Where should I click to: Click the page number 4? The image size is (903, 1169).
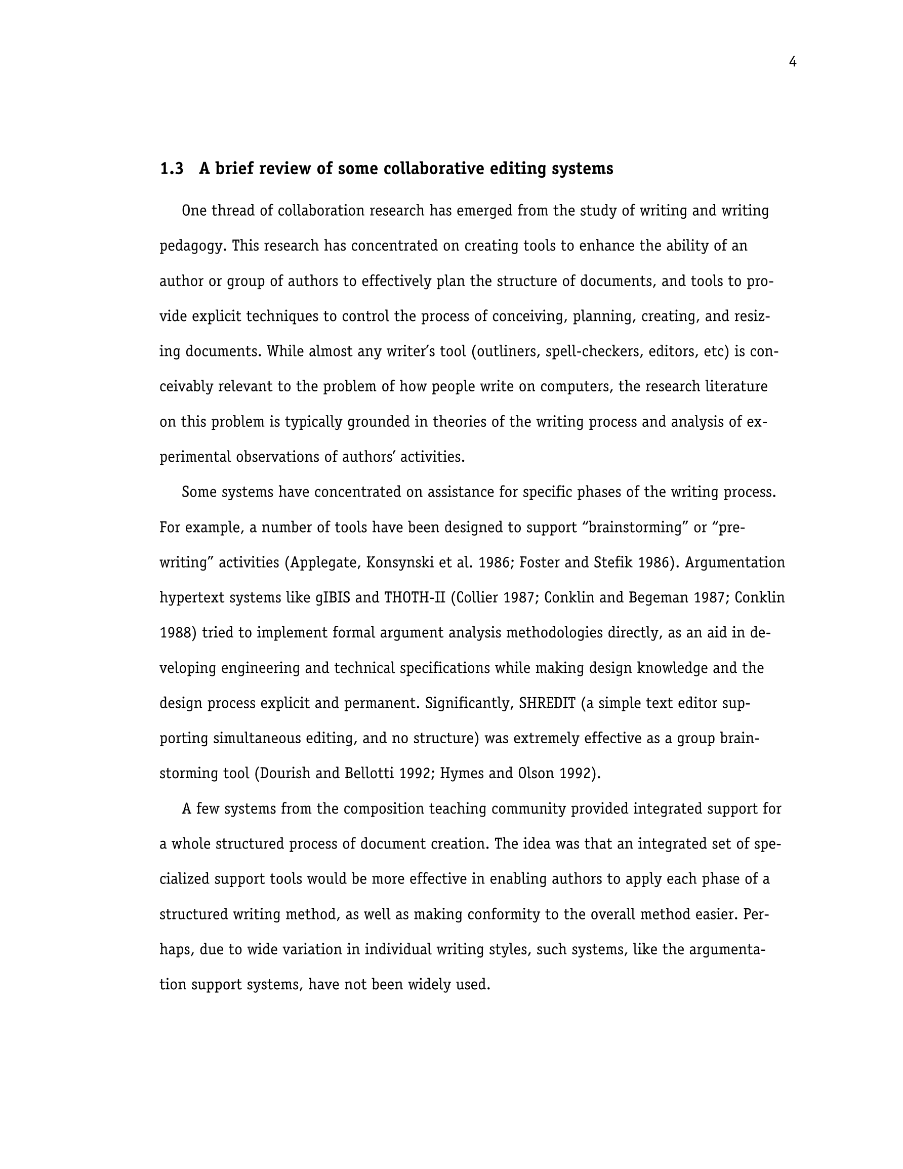pyautogui.click(x=792, y=63)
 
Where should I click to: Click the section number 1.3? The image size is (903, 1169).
pyautogui.click(x=172, y=169)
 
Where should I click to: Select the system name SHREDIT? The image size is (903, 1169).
pyautogui.click(x=547, y=703)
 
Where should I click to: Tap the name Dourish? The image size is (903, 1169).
pyautogui.click(x=285, y=774)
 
